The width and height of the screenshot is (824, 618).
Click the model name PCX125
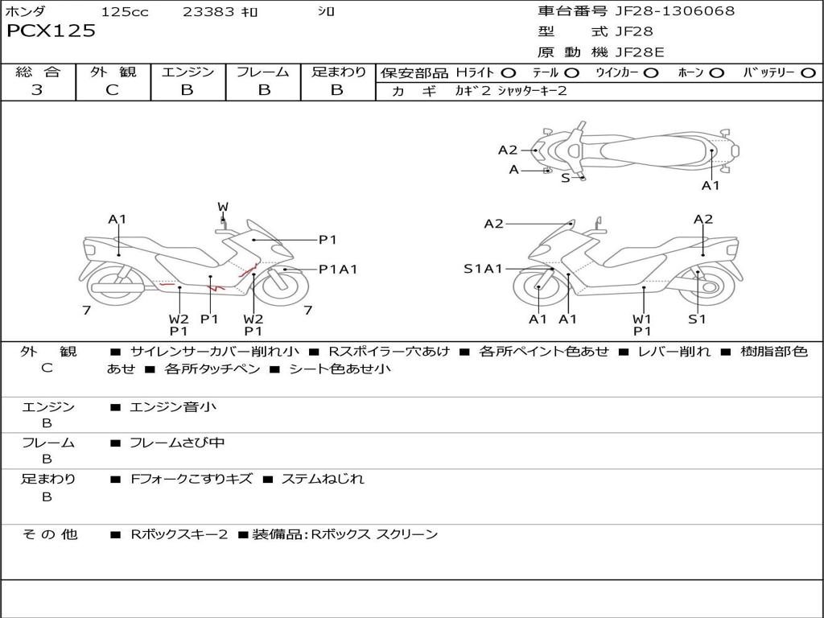tap(51, 31)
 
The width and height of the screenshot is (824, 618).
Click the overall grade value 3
tap(37, 90)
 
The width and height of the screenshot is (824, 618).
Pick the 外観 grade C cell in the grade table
tap(113, 90)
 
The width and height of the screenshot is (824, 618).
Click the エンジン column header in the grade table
tap(187, 72)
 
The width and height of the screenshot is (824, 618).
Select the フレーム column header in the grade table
tap(263, 72)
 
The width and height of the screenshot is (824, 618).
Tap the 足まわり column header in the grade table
tap(338, 72)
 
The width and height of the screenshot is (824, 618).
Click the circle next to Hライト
tap(508, 72)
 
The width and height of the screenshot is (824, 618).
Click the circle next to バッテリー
tap(808, 72)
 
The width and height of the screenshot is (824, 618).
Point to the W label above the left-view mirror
tap(223, 207)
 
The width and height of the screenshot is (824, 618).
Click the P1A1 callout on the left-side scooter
tap(337, 270)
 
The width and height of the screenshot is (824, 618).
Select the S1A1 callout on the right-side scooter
tap(483, 269)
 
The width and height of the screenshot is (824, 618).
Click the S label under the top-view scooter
tap(565, 178)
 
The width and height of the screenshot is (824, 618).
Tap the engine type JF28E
tap(640, 52)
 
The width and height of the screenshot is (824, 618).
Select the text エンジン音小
tap(173, 407)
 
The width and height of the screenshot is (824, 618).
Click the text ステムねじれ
tap(322, 479)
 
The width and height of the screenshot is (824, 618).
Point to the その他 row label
tap(50, 534)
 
